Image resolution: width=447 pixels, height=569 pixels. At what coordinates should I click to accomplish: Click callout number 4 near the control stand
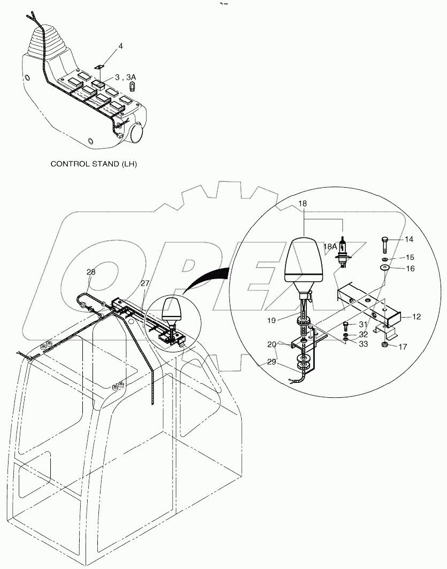point(120,47)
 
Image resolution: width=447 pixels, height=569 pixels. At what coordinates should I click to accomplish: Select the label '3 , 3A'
point(126,78)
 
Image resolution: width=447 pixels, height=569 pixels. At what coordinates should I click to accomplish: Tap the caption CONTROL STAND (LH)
point(94,164)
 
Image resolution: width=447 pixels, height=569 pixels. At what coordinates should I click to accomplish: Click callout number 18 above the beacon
point(303,203)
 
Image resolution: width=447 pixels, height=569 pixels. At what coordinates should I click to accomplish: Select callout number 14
point(409,239)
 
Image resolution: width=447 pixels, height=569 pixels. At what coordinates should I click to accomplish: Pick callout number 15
point(409,257)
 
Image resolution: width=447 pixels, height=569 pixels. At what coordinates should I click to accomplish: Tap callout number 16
point(410,268)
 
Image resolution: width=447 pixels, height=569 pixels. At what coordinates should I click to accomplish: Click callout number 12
point(415,317)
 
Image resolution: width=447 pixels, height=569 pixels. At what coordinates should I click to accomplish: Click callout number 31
point(363,325)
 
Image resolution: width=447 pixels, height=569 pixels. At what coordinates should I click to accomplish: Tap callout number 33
point(363,344)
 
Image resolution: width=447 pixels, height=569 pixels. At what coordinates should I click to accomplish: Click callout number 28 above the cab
point(91,272)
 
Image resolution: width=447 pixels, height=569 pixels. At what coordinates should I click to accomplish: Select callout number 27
point(144,283)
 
